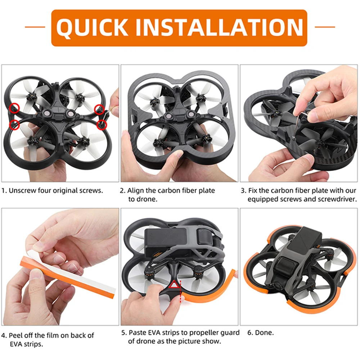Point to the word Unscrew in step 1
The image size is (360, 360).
tap(22, 190)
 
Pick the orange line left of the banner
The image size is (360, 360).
tap(35, 27)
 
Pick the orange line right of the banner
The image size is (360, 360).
tap(325, 27)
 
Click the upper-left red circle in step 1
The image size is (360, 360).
tap(15, 107)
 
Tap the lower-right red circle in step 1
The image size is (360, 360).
tap(102, 125)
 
